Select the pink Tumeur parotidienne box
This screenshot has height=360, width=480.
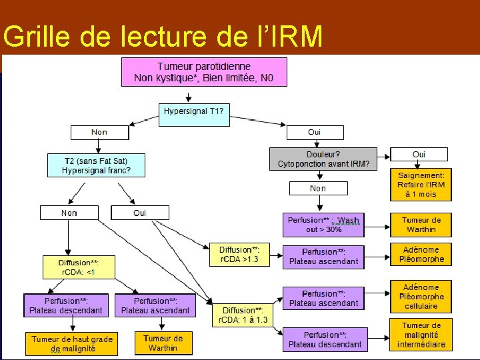pyautogui.click(x=204, y=72)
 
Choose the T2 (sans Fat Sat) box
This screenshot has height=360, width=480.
pyautogui.click(x=96, y=165)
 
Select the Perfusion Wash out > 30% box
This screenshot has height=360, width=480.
pyautogui.click(x=323, y=224)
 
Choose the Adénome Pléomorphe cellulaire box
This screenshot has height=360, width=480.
pyautogui.click(x=421, y=296)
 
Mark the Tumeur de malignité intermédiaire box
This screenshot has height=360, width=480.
pyautogui.click(x=421, y=335)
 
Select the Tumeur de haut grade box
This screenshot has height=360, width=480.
pyautogui.click(x=72, y=343)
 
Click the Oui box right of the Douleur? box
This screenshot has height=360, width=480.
pyautogui.click(x=419, y=154)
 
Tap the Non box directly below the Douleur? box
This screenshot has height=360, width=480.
pyautogui.click(x=318, y=189)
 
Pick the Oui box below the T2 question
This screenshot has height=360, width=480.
pyautogui.click(x=140, y=213)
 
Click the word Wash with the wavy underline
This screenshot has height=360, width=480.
pyautogui.click(x=348, y=219)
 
